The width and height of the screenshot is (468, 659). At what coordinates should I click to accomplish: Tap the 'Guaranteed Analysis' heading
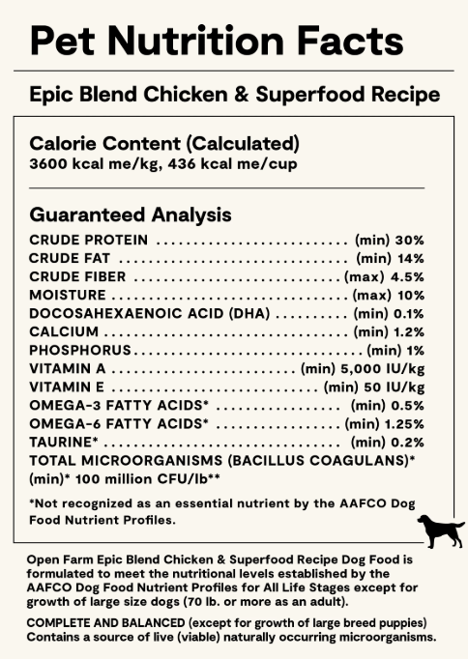click(x=131, y=214)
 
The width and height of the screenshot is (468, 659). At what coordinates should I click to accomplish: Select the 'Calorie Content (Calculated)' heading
click(x=164, y=143)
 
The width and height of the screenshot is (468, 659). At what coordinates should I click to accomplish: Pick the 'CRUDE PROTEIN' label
click(x=89, y=240)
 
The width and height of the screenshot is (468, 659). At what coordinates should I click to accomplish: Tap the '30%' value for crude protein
click(x=410, y=240)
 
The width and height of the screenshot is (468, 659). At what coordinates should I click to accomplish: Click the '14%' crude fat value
click(x=410, y=258)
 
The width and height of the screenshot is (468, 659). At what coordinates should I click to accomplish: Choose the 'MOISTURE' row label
click(x=68, y=295)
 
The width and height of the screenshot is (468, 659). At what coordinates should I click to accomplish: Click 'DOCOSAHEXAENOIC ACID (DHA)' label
click(x=150, y=313)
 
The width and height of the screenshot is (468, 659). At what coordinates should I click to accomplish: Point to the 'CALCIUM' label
click(x=63, y=331)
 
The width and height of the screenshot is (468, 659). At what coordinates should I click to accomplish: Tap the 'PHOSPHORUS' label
click(x=80, y=350)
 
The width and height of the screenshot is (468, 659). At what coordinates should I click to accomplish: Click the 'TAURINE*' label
click(x=62, y=442)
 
